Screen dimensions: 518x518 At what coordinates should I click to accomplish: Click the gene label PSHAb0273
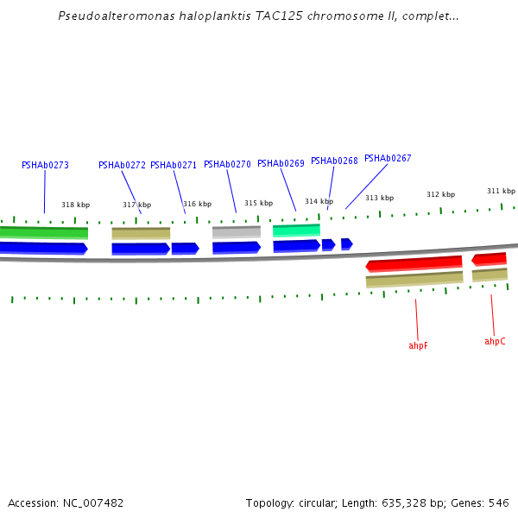45,165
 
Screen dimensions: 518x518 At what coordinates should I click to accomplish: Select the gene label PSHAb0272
122,165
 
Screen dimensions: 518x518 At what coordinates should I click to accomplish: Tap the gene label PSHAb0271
174,165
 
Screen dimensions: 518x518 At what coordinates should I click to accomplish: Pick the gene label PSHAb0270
227,164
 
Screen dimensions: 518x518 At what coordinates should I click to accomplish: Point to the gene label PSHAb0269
281,163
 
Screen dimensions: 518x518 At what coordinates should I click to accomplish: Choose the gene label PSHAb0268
334,161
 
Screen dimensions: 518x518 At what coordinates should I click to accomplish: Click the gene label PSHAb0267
388,158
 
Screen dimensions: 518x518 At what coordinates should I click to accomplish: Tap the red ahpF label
418,345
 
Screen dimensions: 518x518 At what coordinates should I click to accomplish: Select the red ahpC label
495,341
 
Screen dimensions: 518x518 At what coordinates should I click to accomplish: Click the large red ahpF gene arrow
414,263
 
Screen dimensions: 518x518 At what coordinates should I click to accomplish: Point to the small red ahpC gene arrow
490,258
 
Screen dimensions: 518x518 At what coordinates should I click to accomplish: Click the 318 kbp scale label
75,205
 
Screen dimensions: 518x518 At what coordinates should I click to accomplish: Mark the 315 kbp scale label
258,203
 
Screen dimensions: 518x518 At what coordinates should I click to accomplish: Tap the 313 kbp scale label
379,198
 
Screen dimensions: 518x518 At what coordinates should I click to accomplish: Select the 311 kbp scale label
501,191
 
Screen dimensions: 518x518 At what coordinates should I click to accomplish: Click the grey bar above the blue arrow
236,231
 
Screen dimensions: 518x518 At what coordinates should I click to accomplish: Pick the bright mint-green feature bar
296,230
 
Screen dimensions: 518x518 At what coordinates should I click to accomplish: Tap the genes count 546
498,502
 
